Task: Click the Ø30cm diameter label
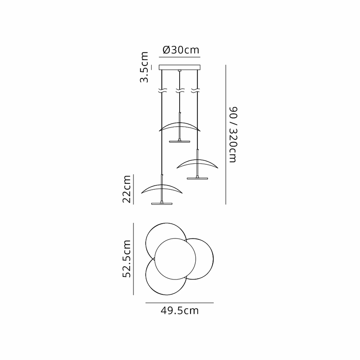point(181,50)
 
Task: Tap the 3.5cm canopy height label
point(144,67)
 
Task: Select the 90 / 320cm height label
point(233,135)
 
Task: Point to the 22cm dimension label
point(127,189)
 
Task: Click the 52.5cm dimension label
point(127,259)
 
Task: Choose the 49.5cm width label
point(180,310)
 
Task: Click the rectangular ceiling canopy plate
point(180,67)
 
